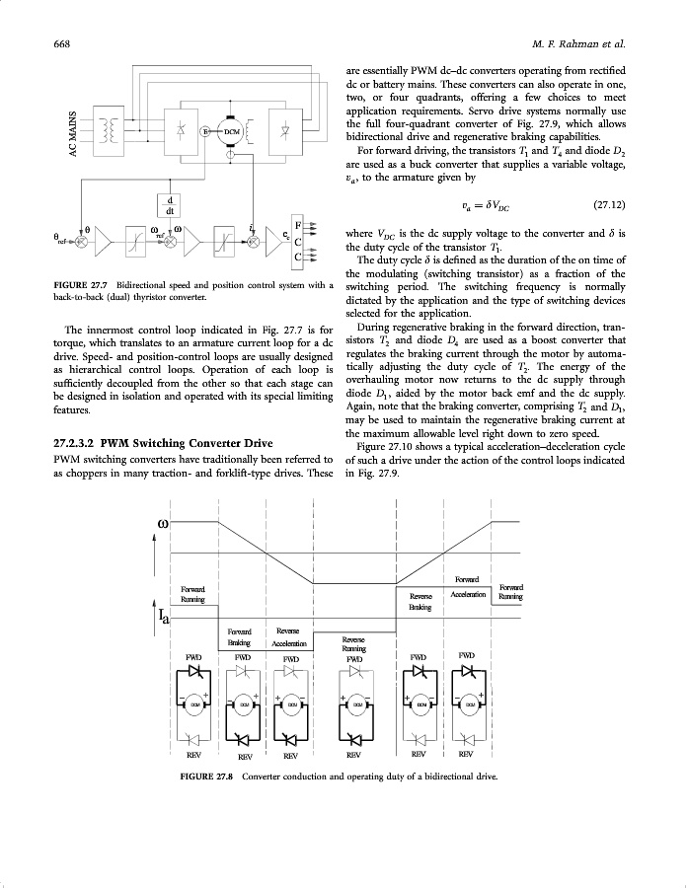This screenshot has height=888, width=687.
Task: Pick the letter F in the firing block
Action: point(298,223)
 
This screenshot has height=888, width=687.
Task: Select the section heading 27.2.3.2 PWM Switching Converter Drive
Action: point(162,443)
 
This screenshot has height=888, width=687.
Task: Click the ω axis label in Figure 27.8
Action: point(163,522)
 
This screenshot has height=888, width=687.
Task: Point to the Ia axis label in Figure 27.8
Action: point(165,619)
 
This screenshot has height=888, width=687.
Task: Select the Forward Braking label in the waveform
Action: point(240,636)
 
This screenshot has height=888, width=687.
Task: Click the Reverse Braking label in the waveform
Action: point(421,602)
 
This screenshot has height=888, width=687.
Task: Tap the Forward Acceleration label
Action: point(466,588)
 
